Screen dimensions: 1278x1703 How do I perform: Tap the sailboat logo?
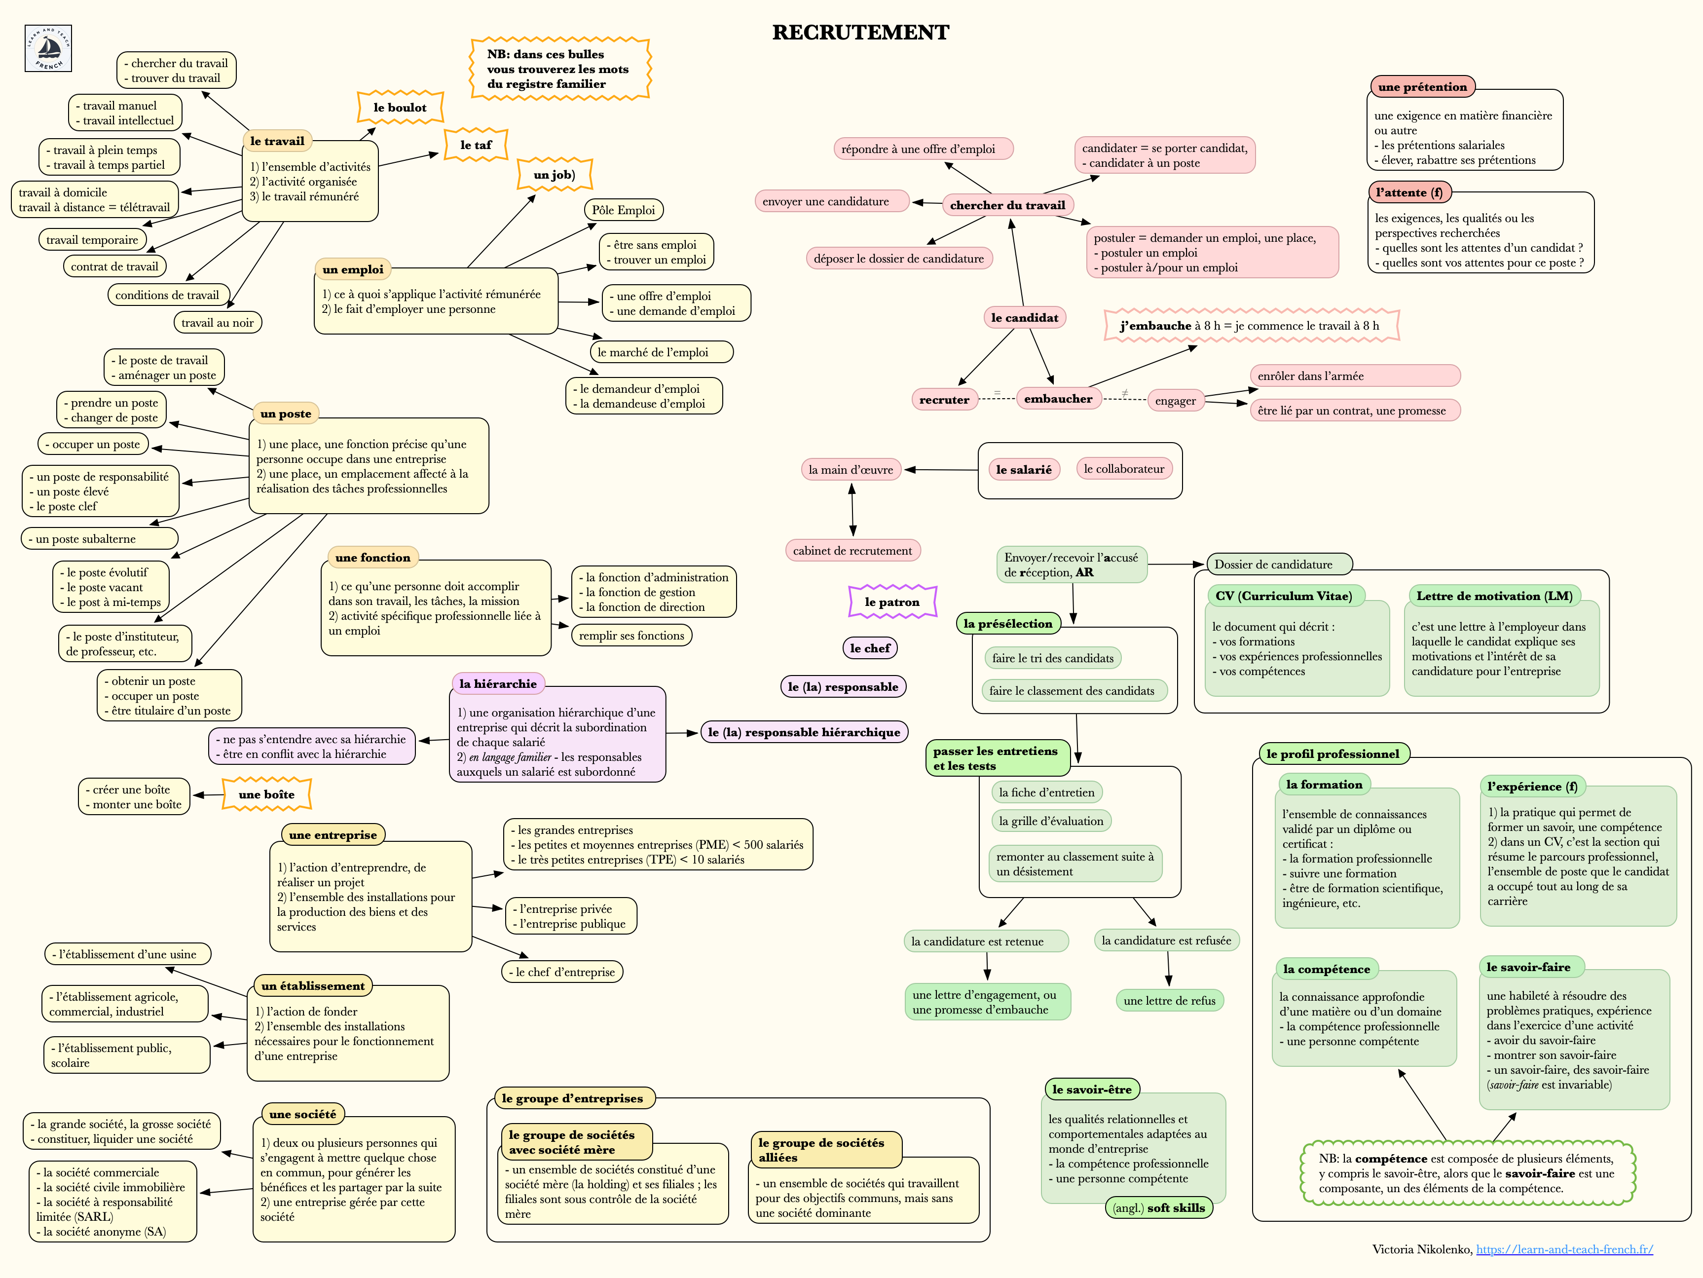coord(48,48)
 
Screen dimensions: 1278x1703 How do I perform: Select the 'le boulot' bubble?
coord(400,108)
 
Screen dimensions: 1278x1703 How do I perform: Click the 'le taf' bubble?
coord(476,145)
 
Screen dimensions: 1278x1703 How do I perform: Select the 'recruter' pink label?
coord(944,400)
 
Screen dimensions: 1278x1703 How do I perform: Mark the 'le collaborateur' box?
coord(1123,469)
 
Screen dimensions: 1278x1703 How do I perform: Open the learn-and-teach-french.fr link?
coord(1564,1249)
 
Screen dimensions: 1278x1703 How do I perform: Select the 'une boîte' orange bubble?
coord(266,794)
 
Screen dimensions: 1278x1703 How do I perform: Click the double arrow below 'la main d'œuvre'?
coord(852,510)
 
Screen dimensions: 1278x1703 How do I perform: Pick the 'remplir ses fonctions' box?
coord(631,635)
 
